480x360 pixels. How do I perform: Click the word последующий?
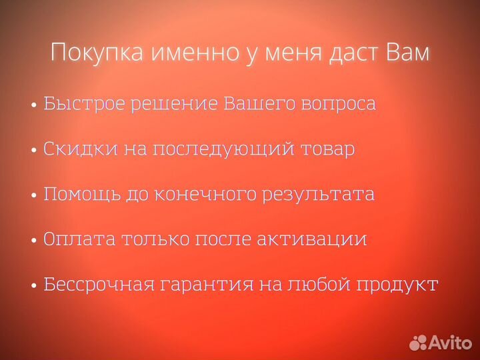pyautogui.click(x=223, y=150)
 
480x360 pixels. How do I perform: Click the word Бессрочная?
pyautogui.click(x=99, y=285)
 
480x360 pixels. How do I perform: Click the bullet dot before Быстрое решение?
pyautogui.click(x=33, y=106)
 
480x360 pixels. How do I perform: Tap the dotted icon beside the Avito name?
pyautogui.click(x=419, y=343)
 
